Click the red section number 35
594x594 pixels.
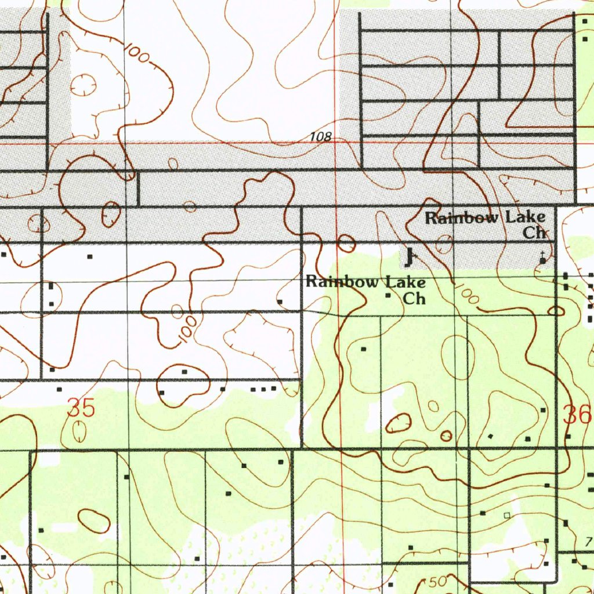tap(81, 408)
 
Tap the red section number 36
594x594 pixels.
tap(577, 415)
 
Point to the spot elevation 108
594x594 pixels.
tap(320, 137)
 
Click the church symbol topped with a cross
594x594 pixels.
tap(543, 259)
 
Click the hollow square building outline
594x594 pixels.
tap(507, 515)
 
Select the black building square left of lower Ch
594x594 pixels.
tap(389, 296)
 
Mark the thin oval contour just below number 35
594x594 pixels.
tap(79, 431)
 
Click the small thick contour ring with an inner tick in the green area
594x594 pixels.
tap(446, 436)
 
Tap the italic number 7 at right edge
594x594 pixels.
tap(588, 542)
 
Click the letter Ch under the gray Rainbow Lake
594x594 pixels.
tap(534, 233)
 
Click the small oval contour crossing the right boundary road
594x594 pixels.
tap(556, 312)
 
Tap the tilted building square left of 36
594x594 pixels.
tap(491, 436)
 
